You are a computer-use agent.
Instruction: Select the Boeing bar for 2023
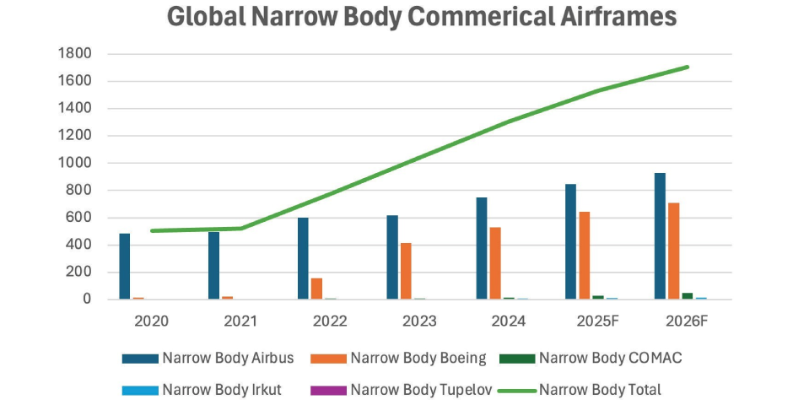pos(406,271)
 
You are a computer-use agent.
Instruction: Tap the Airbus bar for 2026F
pos(660,236)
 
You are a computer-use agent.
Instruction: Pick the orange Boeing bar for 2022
pos(316,289)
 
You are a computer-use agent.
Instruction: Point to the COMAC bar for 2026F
pos(688,296)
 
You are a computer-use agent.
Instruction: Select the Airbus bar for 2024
pos(481,248)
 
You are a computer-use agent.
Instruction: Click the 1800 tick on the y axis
pos(75,54)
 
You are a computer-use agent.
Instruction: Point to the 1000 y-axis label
pos(75,163)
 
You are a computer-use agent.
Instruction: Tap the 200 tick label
pos(79,272)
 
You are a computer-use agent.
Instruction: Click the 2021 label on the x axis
pos(240,321)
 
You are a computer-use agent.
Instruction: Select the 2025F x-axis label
pos(596,321)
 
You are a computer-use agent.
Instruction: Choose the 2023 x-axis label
pos(418,321)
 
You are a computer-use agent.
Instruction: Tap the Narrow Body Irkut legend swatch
pos(139,390)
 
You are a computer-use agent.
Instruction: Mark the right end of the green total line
pos(688,67)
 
